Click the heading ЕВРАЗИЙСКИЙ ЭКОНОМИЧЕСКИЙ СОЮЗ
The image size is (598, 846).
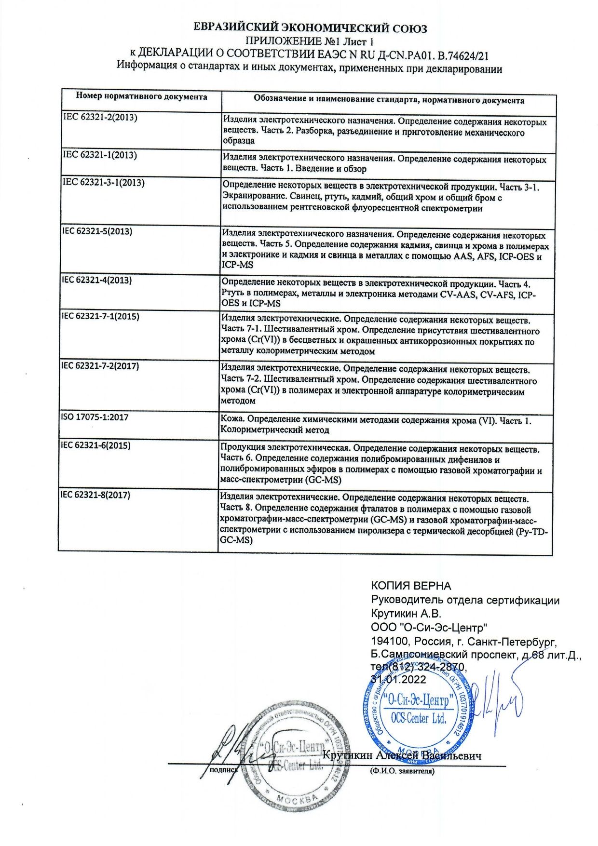[x=310, y=28]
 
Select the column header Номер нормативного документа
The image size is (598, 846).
[x=141, y=96]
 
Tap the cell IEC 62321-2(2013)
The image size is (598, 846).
[x=100, y=117]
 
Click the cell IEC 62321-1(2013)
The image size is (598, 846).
[x=100, y=155]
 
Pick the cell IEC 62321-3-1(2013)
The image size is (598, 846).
[x=104, y=183]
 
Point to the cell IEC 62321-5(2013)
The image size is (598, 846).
[x=97, y=231]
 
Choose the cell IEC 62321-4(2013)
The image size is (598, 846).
[x=96, y=280]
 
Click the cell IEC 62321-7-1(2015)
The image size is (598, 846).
[x=100, y=316]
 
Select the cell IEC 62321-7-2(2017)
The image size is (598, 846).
[x=100, y=366]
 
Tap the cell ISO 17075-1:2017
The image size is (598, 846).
[x=95, y=417]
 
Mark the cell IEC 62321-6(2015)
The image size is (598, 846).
[x=95, y=445]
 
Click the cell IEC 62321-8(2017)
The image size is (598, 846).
[x=95, y=495]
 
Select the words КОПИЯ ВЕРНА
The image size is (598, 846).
[x=411, y=586]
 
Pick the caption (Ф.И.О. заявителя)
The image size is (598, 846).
[x=402, y=771]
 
